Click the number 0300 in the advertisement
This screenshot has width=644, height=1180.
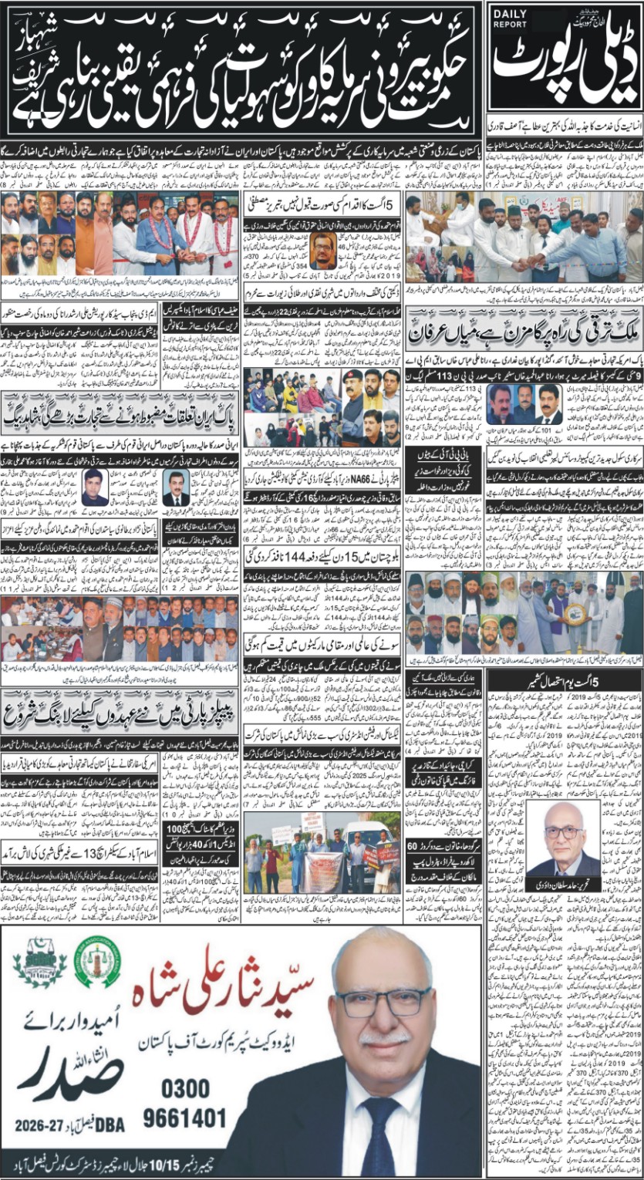[186, 1088]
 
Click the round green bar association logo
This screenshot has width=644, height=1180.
[97, 961]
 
